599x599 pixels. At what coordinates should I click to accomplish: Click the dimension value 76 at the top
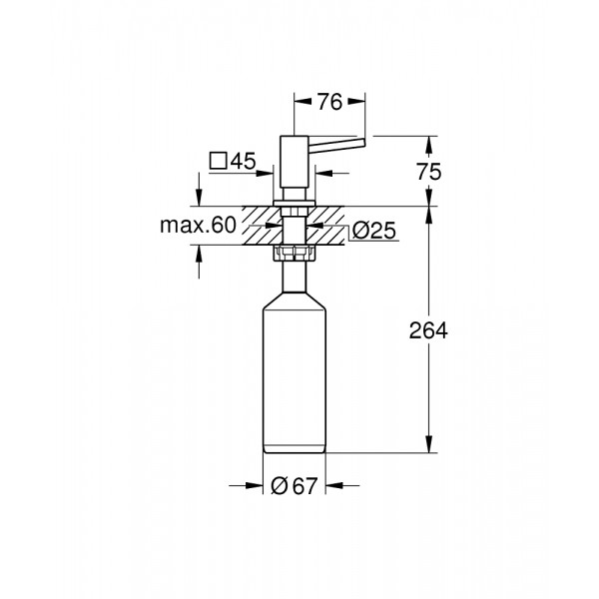click(x=330, y=102)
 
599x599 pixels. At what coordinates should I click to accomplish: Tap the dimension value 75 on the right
click(x=429, y=172)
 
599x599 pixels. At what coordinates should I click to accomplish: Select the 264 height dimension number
click(x=428, y=330)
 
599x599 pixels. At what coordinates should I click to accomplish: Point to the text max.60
click(x=199, y=225)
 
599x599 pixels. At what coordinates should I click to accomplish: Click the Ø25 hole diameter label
click(x=374, y=231)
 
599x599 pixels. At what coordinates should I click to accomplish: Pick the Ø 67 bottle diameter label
click(x=295, y=486)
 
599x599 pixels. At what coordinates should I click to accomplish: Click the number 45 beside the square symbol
click(x=244, y=161)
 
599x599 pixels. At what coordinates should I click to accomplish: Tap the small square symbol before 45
click(x=219, y=161)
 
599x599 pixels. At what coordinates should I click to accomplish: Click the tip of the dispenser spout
click(x=364, y=143)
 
